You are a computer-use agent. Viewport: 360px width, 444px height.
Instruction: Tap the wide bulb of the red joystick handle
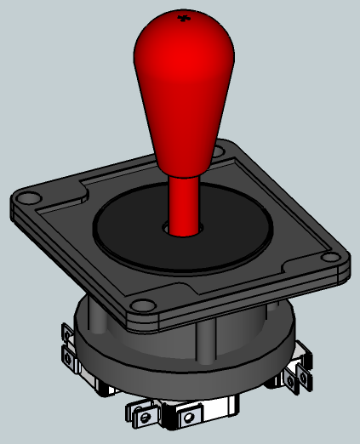tap(180, 77)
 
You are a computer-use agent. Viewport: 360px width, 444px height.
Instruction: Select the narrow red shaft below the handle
tap(182, 204)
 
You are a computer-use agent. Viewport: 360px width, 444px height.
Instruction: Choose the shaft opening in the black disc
tap(181, 228)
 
